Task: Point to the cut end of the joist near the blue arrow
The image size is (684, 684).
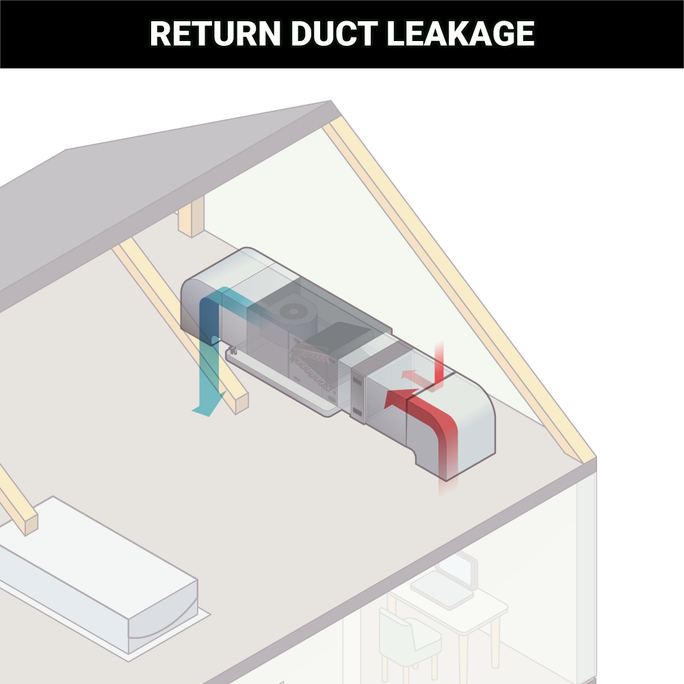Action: tap(241, 404)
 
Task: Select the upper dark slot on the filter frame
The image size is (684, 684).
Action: tap(357, 378)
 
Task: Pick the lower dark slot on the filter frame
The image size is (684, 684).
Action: tap(357, 412)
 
